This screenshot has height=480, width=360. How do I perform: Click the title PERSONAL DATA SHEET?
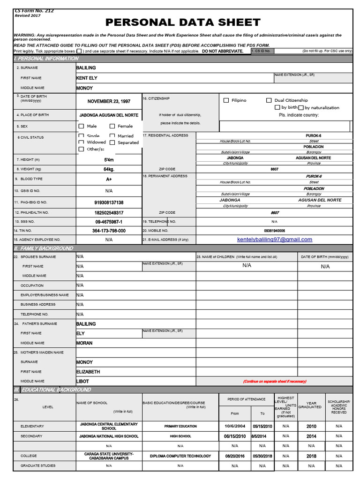pyautogui.click(x=183, y=22)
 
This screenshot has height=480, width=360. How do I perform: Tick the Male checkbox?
pyautogui.click(x=82, y=126)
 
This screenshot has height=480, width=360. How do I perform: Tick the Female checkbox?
pyautogui.click(x=112, y=126)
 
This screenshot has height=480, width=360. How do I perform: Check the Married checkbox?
pyautogui.click(x=112, y=136)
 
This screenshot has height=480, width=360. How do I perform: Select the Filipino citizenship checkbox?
pyautogui.click(x=226, y=100)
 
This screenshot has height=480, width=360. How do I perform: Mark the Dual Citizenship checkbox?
pyautogui.click(x=269, y=100)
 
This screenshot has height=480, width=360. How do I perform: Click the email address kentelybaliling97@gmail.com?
pyautogui.click(x=275, y=240)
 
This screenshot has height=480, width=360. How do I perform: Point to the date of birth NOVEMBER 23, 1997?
pyautogui.click(x=109, y=101)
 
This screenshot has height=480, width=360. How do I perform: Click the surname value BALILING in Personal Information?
pyautogui.click(x=86, y=68)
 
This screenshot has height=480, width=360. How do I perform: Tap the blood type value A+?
pyautogui.click(x=109, y=179)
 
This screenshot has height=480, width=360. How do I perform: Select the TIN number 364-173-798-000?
pyautogui.click(x=109, y=231)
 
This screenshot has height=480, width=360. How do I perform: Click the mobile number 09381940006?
pyautogui.click(x=274, y=231)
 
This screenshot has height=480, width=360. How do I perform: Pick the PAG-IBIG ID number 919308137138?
pyautogui.click(x=109, y=202)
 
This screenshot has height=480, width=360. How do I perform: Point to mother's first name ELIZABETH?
pyautogui.click(x=88, y=372)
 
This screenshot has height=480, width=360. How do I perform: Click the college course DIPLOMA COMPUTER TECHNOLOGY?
pyautogui.click(x=180, y=456)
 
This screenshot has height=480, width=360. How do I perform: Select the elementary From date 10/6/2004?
pyautogui.click(x=235, y=427)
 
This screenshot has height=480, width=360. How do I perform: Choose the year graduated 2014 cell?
pyautogui.click(x=311, y=436)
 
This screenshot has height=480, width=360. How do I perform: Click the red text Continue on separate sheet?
pyautogui.click(x=274, y=382)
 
